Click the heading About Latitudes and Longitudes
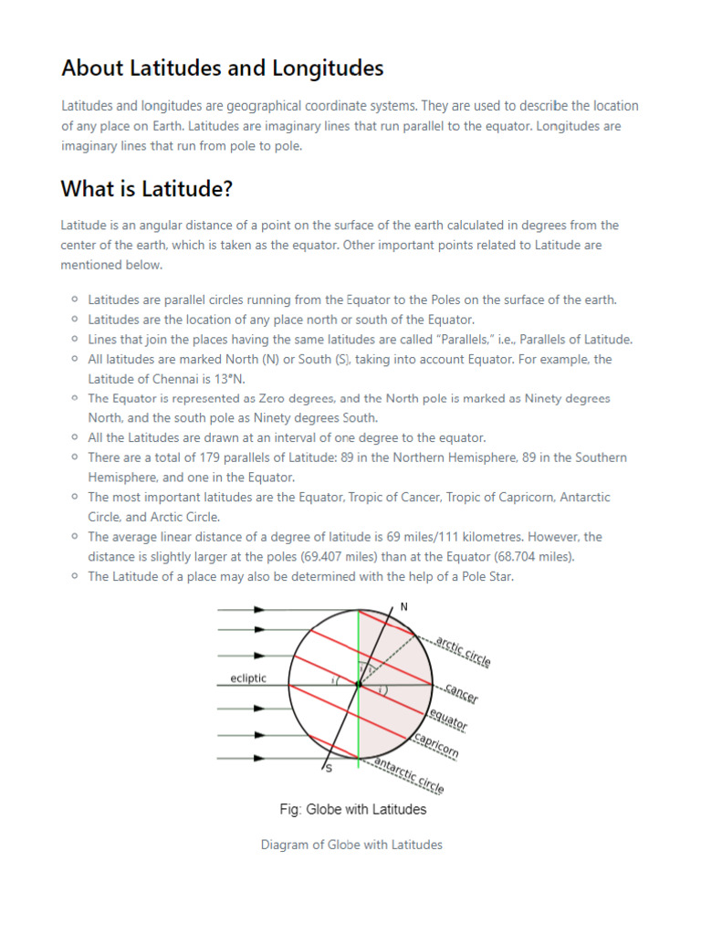222,68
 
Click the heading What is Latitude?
146,189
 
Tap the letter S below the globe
328,770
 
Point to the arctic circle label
463,652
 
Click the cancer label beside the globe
462,694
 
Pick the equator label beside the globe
448,720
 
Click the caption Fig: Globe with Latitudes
352,809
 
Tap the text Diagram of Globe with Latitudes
351,845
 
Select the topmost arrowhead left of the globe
260,608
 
